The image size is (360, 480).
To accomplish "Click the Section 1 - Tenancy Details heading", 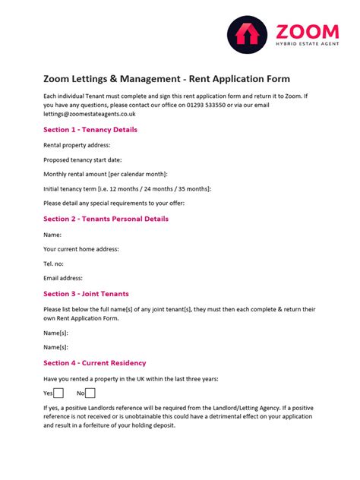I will click(90, 130).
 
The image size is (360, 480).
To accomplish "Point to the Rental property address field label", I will click(77, 145).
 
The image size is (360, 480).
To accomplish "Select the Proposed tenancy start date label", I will click(82, 160).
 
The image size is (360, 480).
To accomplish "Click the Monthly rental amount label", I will click(106, 175).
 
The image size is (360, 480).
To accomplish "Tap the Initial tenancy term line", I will click(128, 189).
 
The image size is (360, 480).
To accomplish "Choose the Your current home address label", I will click(81, 249).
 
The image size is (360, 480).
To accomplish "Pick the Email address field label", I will click(63, 279).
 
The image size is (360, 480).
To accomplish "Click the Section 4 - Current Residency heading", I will click(95, 363).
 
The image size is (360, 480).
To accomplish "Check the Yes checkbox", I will click(58, 393).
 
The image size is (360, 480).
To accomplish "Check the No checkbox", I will click(90, 393).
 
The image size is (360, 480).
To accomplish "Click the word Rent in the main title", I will click(200, 79).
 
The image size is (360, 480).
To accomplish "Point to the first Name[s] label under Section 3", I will click(55, 333).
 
